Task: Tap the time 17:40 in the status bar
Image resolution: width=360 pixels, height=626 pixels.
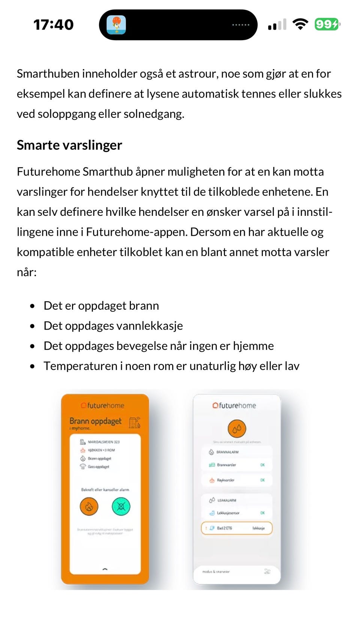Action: click(54, 25)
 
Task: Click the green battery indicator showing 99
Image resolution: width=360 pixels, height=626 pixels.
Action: click(327, 24)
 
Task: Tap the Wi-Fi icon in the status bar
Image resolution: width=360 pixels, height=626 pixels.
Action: click(300, 24)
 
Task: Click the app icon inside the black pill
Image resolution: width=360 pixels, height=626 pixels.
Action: click(116, 25)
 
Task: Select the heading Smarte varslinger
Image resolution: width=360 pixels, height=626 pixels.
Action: click(69, 145)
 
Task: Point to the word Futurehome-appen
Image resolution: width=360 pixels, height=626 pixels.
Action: click(136, 232)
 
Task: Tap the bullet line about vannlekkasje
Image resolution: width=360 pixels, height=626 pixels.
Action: click(113, 326)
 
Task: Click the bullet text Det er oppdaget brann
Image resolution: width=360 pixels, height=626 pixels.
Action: click(101, 306)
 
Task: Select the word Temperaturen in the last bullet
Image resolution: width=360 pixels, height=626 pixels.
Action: click(80, 366)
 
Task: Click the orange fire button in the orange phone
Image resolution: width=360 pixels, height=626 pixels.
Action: click(89, 507)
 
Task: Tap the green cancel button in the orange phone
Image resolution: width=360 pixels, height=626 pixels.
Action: click(121, 507)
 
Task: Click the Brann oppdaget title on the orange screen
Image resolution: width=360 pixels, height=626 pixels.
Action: click(96, 421)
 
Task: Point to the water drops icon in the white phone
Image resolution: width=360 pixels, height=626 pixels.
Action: click(237, 429)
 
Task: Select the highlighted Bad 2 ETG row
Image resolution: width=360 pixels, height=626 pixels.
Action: click(237, 528)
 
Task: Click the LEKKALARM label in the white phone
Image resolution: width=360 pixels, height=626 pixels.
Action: click(226, 500)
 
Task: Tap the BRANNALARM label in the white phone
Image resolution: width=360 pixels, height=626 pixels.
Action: click(227, 452)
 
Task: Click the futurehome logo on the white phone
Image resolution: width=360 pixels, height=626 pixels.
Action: click(234, 406)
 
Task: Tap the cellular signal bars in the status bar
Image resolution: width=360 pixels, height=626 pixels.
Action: click(277, 25)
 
